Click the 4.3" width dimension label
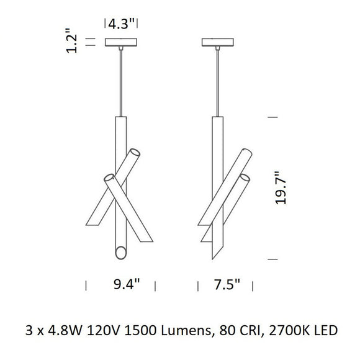[x=122, y=25]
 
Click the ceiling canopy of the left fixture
[x=122, y=43]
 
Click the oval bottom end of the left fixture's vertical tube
[x=121, y=252]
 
